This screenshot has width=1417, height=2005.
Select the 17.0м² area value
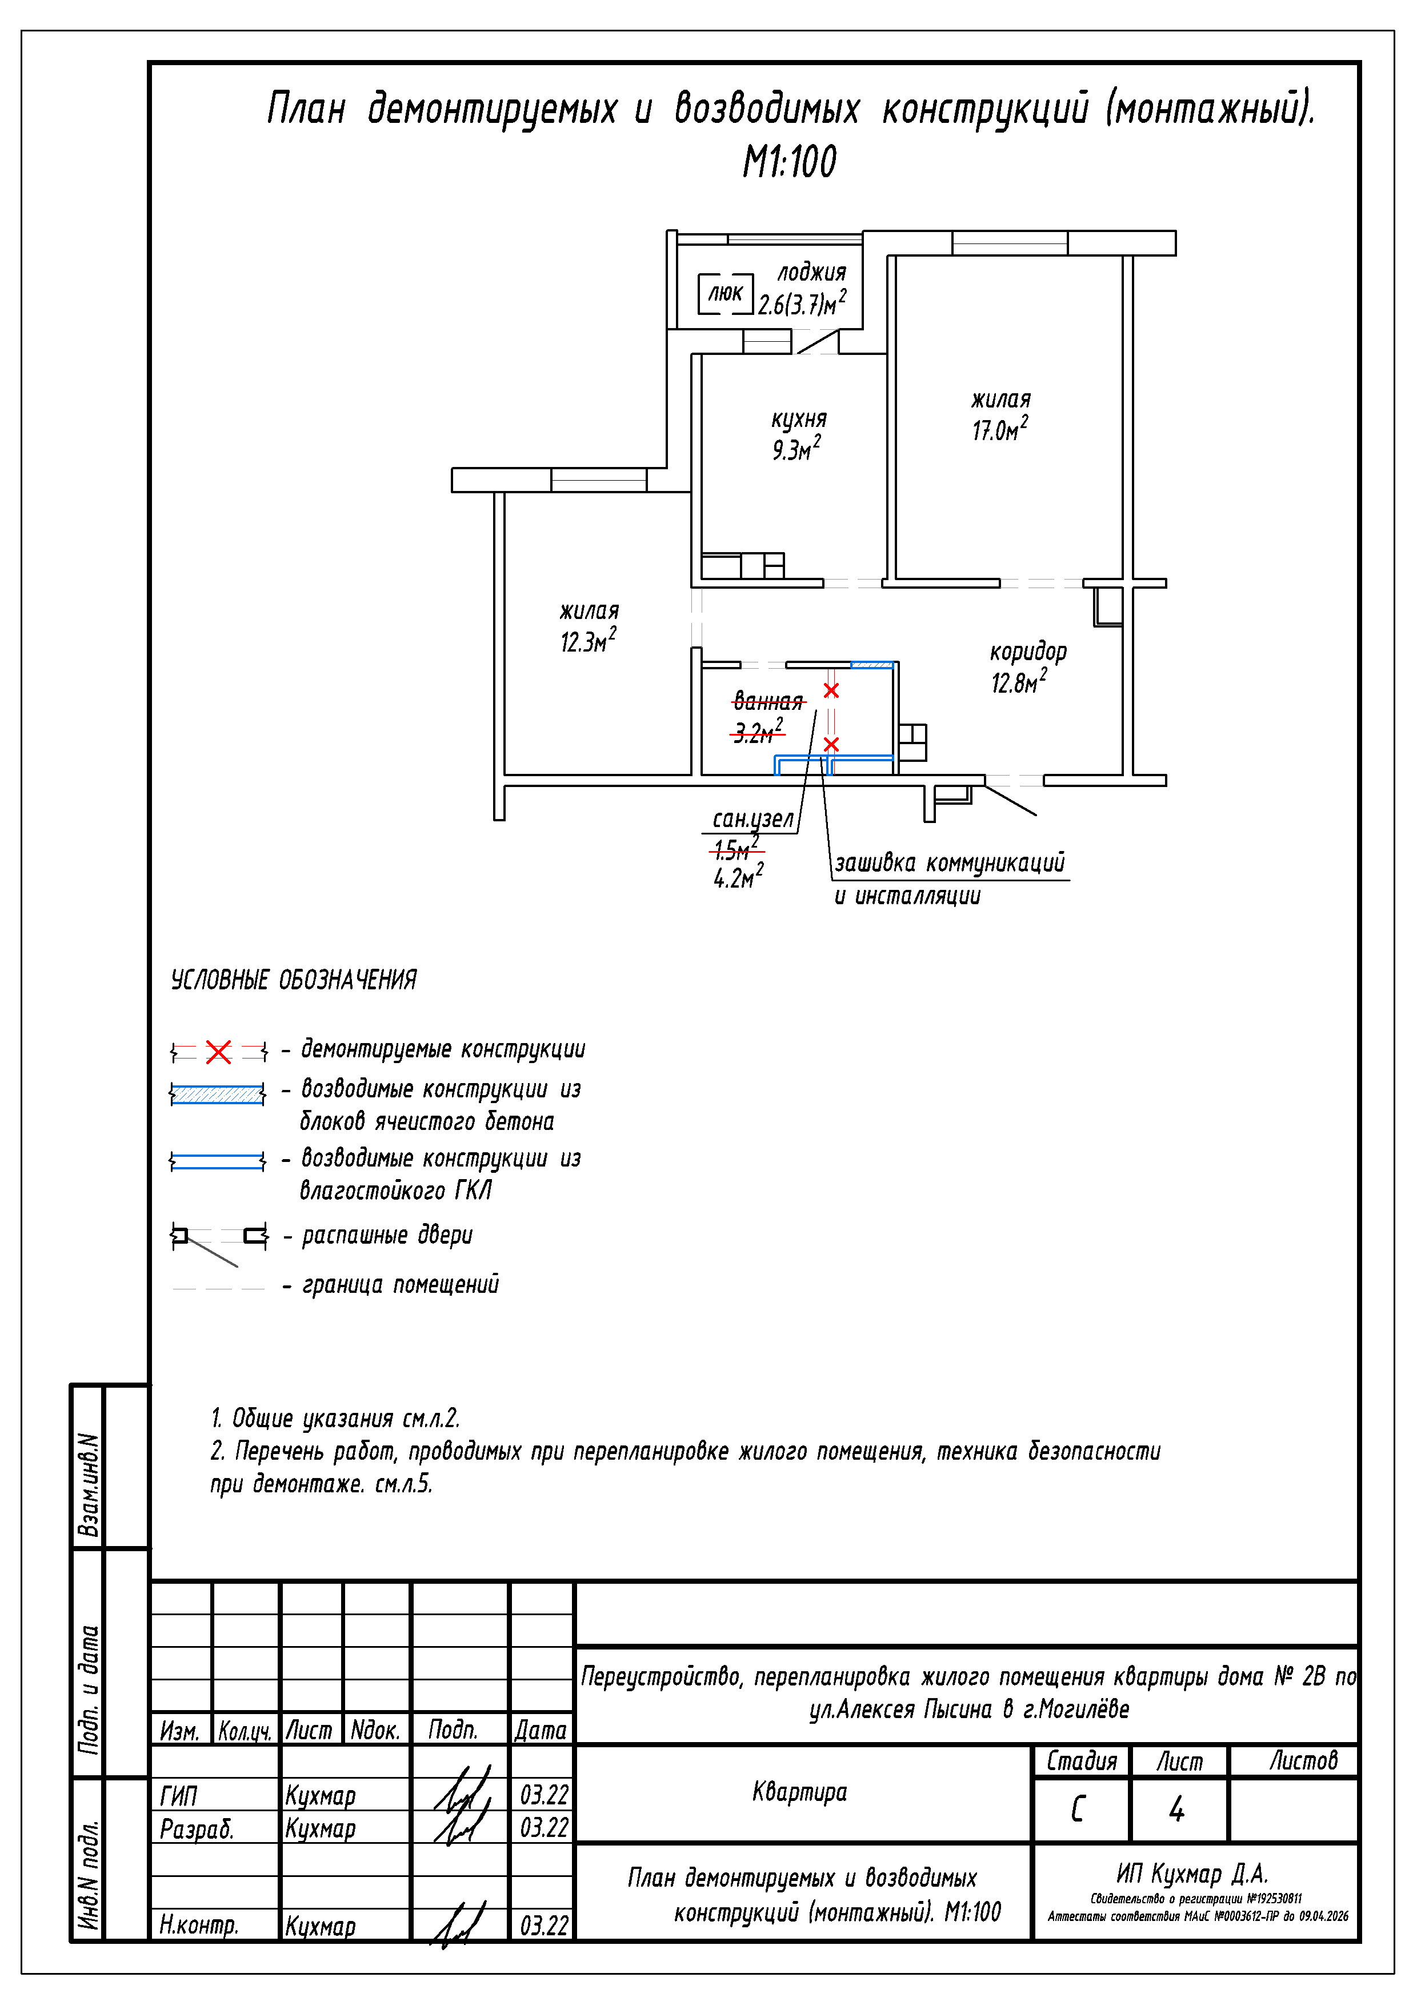(1000, 429)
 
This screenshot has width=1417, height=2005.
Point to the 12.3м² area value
(587, 641)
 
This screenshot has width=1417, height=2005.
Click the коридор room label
(1028, 652)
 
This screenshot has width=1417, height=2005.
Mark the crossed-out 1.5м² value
(734, 846)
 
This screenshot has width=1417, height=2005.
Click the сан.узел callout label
(752, 819)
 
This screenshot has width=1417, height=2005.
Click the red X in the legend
(218, 1052)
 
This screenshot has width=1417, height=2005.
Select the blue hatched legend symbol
(217, 1094)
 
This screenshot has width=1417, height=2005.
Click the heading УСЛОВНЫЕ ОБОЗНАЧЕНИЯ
(293, 980)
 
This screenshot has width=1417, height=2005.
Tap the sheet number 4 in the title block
(1177, 1808)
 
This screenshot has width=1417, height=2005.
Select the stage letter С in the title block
(1078, 1808)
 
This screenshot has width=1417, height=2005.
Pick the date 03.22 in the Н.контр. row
(544, 1926)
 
